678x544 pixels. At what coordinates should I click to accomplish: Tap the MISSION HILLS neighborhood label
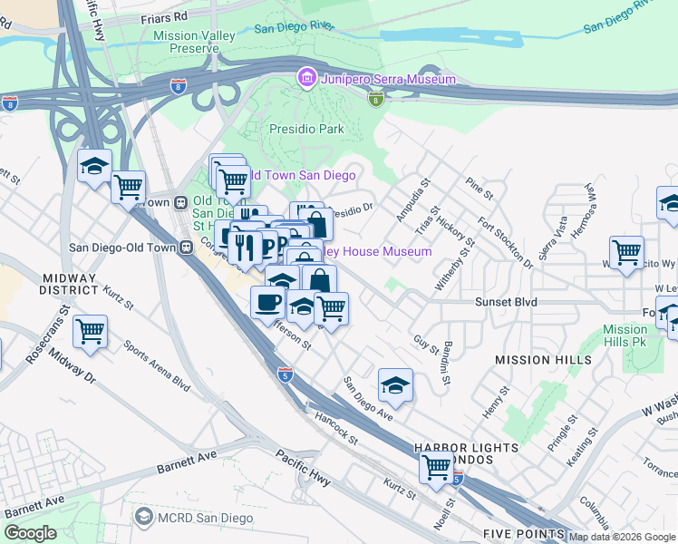(543, 360)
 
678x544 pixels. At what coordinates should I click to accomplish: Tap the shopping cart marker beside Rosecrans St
(91, 332)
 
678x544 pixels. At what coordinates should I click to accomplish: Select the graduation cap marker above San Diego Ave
(395, 386)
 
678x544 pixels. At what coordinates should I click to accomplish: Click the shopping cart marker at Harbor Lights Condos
(436, 467)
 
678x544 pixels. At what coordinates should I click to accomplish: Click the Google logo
(30, 533)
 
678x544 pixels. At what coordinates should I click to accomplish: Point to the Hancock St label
(337, 428)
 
